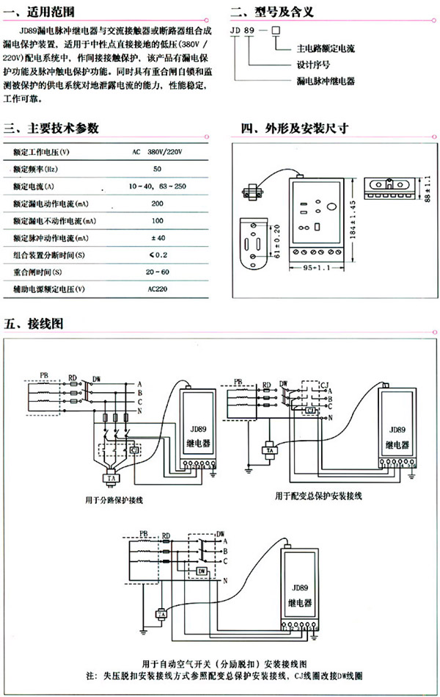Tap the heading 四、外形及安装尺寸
(x=294, y=129)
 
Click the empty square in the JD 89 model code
(x=276, y=31)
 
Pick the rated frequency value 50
(x=157, y=170)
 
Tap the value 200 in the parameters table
(x=157, y=204)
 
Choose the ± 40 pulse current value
(x=157, y=238)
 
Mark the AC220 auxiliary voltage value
(x=157, y=289)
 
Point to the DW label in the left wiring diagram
(x=96, y=380)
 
